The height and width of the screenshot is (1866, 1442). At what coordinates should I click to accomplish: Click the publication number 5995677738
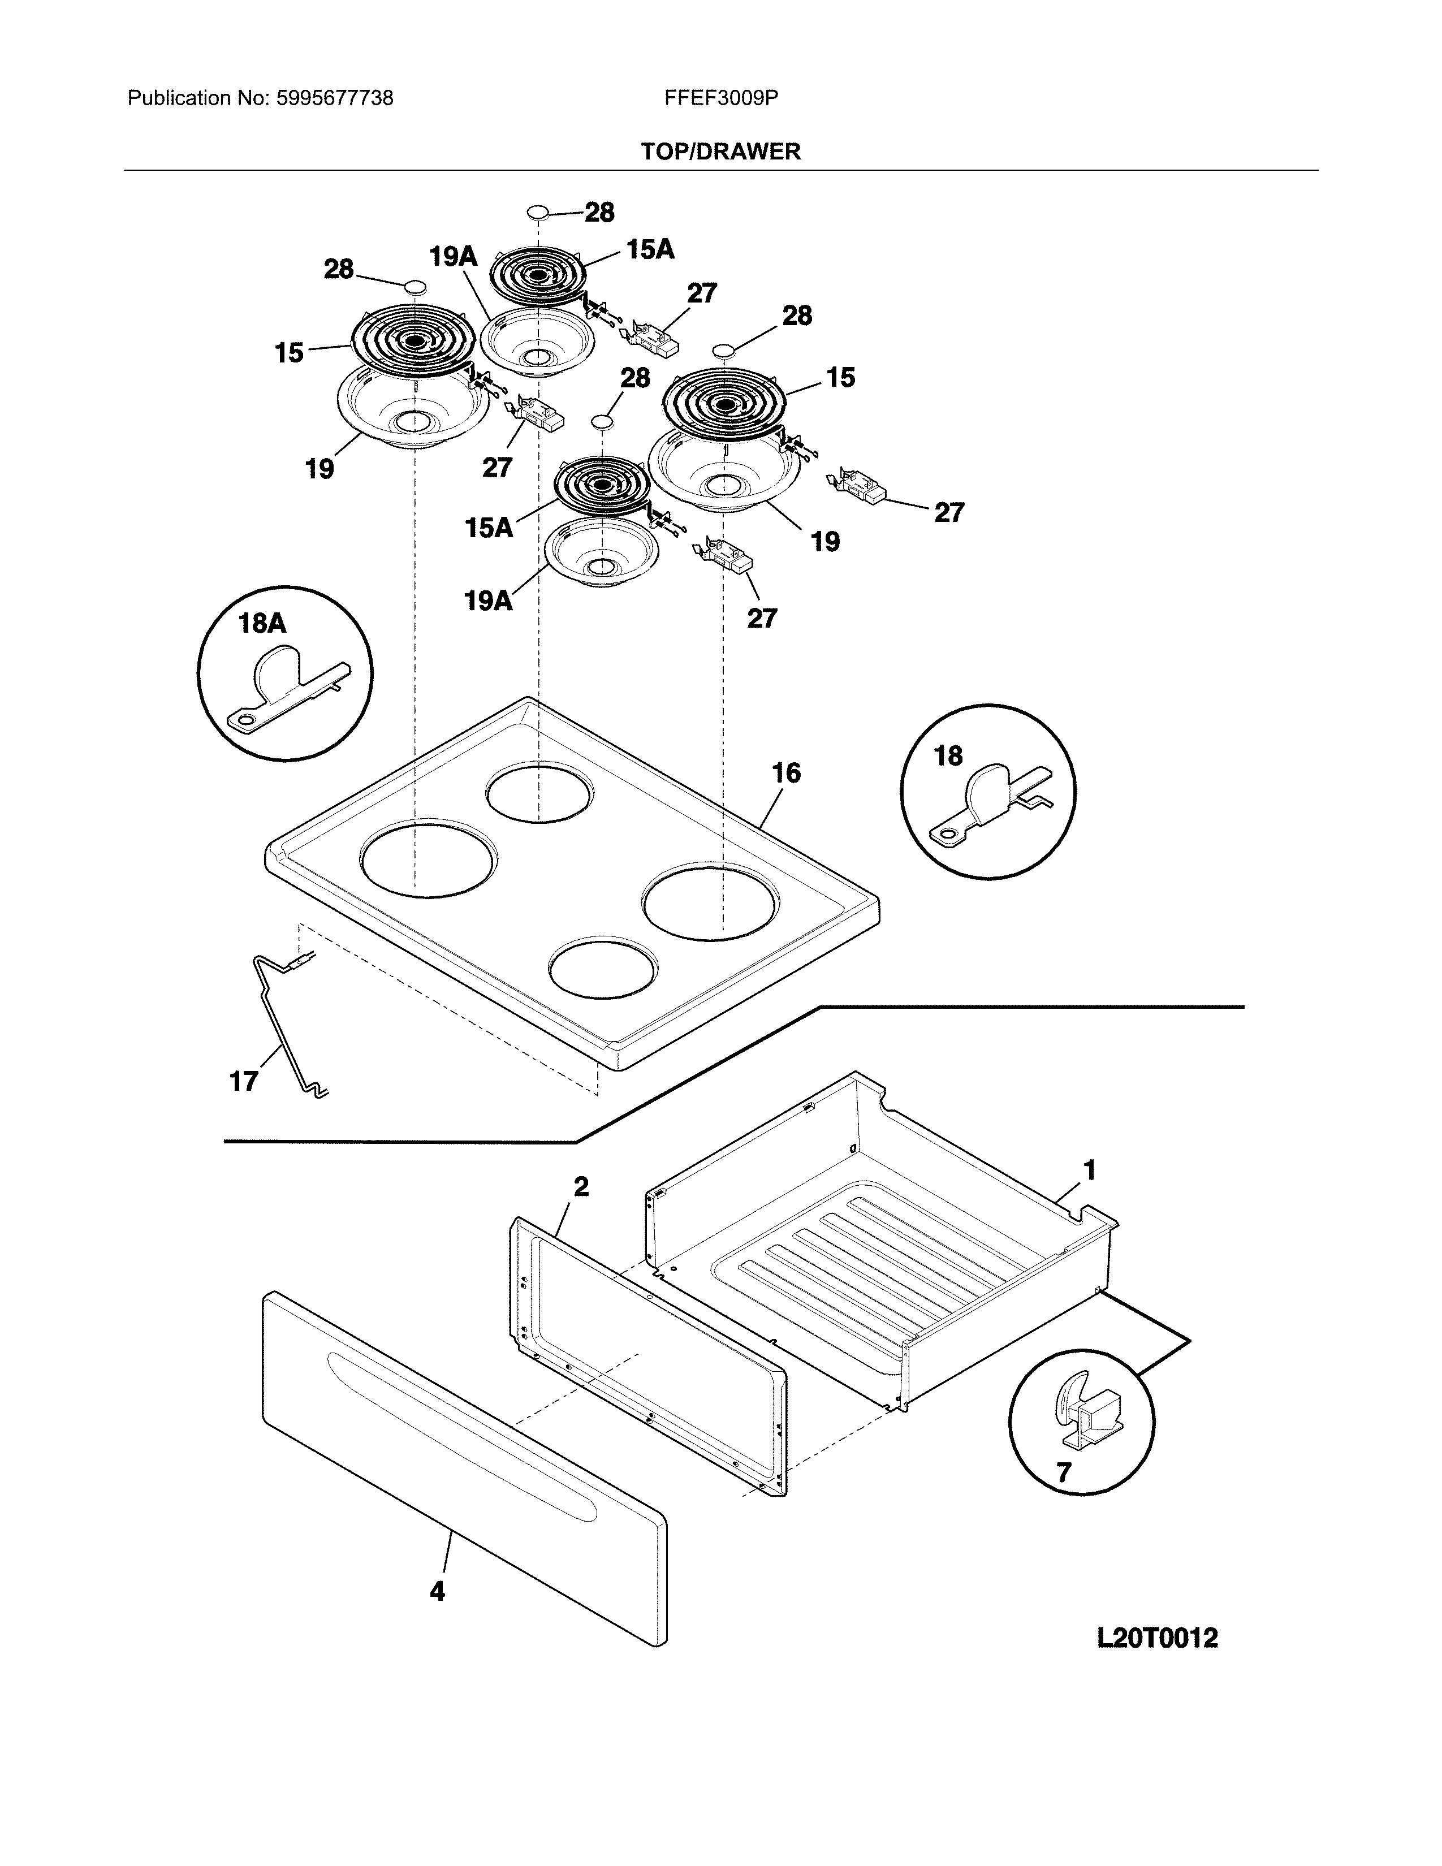click(334, 99)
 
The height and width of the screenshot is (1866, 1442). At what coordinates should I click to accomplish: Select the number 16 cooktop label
click(786, 773)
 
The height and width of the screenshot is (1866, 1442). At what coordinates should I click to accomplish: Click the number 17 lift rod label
click(244, 1082)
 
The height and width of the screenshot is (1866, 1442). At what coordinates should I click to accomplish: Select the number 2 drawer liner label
click(581, 1187)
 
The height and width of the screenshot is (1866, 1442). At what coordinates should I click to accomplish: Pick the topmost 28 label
click(599, 213)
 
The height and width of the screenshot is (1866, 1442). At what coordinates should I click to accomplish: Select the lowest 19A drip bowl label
click(488, 602)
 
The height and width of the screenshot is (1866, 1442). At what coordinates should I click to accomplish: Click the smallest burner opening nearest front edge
click(603, 970)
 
